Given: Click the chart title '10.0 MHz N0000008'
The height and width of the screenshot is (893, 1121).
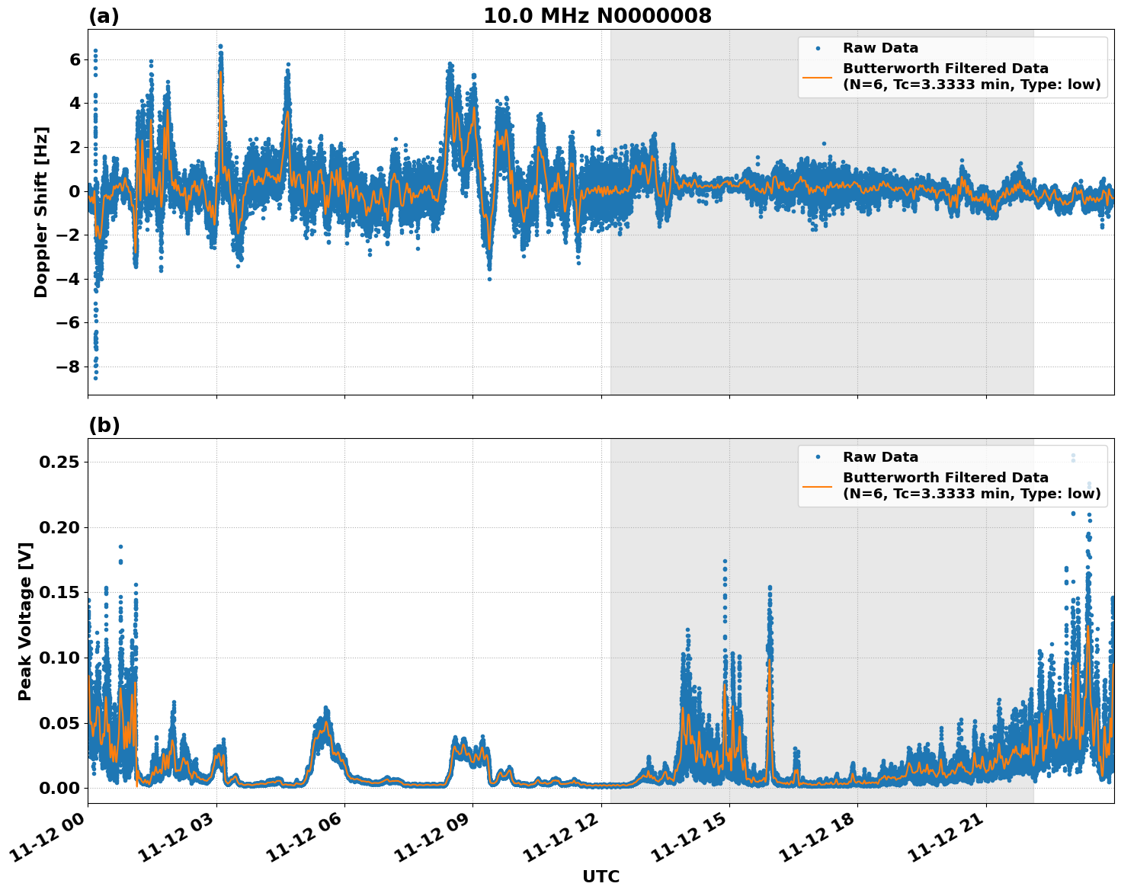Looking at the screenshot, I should point(597,16).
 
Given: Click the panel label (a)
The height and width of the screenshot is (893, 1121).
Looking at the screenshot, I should point(104,16).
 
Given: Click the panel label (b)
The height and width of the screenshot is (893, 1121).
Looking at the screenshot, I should point(104,425).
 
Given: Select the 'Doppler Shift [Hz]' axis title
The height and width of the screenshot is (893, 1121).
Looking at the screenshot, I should point(41,212).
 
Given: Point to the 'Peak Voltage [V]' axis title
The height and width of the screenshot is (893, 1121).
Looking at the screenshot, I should point(24,621).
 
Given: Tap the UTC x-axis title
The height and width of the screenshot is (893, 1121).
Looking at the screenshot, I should point(601,876).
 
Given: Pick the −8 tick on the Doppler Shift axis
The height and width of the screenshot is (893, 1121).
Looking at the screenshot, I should point(69,366).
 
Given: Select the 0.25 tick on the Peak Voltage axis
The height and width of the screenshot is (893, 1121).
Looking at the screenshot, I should point(61,463).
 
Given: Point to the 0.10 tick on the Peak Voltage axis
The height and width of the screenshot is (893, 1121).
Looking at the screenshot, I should point(61,658).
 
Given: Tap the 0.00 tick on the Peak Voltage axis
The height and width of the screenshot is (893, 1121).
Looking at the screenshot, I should point(61,788).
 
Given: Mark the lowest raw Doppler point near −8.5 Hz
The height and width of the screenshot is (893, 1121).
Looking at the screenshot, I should point(95,378).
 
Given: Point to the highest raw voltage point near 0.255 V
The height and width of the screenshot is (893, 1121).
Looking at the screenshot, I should point(1073,456).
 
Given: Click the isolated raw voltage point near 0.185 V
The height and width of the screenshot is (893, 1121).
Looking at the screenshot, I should point(120,546).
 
